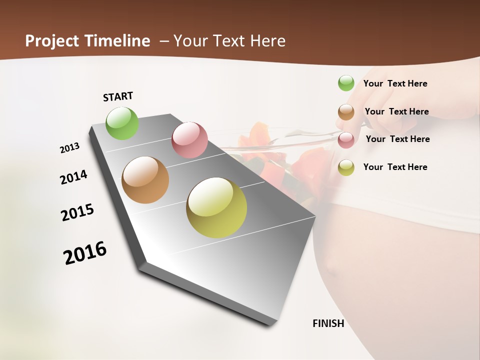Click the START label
(x=118, y=96)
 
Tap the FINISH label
(x=328, y=323)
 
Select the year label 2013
(x=69, y=148)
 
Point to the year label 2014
(x=73, y=177)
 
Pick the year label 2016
(x=85, y=252)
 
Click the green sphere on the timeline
(x=122, y=123)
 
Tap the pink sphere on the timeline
(x=189, y=140)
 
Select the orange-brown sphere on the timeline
(x=145, y=180)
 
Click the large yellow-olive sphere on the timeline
(x=216, y=207)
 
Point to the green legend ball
(x=346, y=83)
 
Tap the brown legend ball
(x=346, y=112)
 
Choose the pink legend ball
(x=346, y=140)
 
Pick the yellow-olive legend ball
(x=346, y=167)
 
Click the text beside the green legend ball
(x=395, y=83)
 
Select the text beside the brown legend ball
(x=396, y=111)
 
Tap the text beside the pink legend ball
(x=397, y=139)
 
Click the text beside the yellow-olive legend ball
(x=395, y=167)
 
